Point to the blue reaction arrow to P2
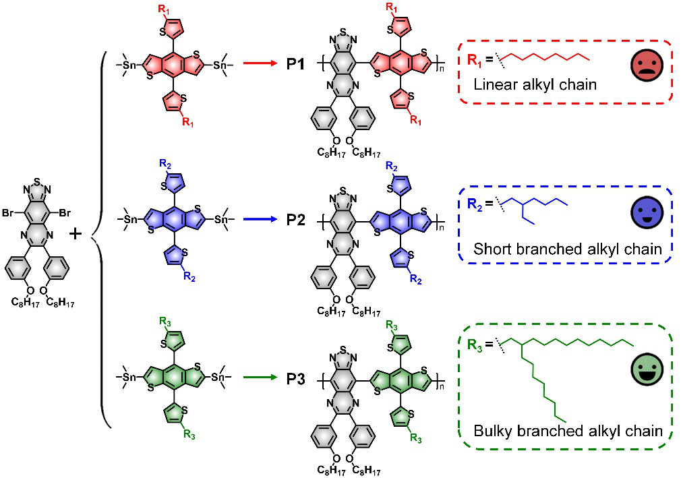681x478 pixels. coord(260,219)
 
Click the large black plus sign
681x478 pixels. coord(76,234)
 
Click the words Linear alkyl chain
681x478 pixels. coord(527,86)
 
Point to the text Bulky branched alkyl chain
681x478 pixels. coord(565,431)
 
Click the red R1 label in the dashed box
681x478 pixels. coord(476,60)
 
